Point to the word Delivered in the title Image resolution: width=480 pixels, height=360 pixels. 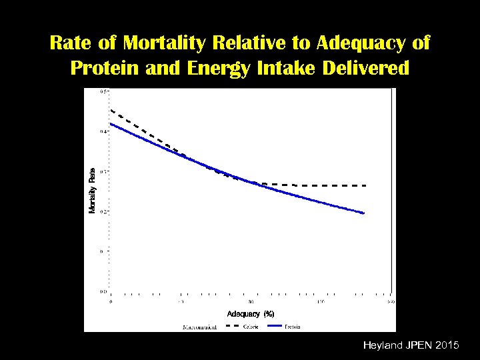point(363,69)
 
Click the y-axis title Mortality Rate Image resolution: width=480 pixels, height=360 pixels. point(93,190)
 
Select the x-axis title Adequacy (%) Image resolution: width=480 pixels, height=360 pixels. point(251,313)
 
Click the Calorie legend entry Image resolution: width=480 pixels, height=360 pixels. point(251,327)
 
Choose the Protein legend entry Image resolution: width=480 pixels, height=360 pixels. point(293,327)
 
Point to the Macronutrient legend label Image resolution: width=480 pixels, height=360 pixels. point(199,327)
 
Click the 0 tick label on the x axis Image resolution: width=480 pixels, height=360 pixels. point(111,302)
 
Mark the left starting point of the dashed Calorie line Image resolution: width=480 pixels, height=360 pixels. point(111,109)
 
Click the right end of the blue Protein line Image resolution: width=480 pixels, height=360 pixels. point(365,213)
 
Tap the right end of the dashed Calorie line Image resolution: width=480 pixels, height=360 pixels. point(366,185)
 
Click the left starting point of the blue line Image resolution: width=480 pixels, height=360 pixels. point(111,124)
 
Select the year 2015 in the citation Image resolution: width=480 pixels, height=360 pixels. point(445,345)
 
